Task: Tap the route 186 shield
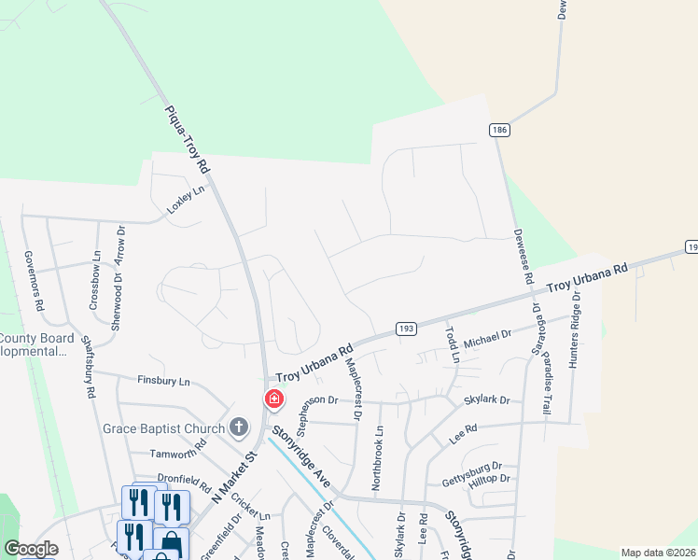pos(499,131)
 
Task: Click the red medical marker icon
pos(274,399)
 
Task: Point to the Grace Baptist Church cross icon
pos(239,428)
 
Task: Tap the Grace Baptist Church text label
pos(163,429)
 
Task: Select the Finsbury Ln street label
pos(163,382)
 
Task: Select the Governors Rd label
pos(34,281)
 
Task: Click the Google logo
pos(31,548)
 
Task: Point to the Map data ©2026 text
pos(658,553)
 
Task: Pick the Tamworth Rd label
pos(178,454)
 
